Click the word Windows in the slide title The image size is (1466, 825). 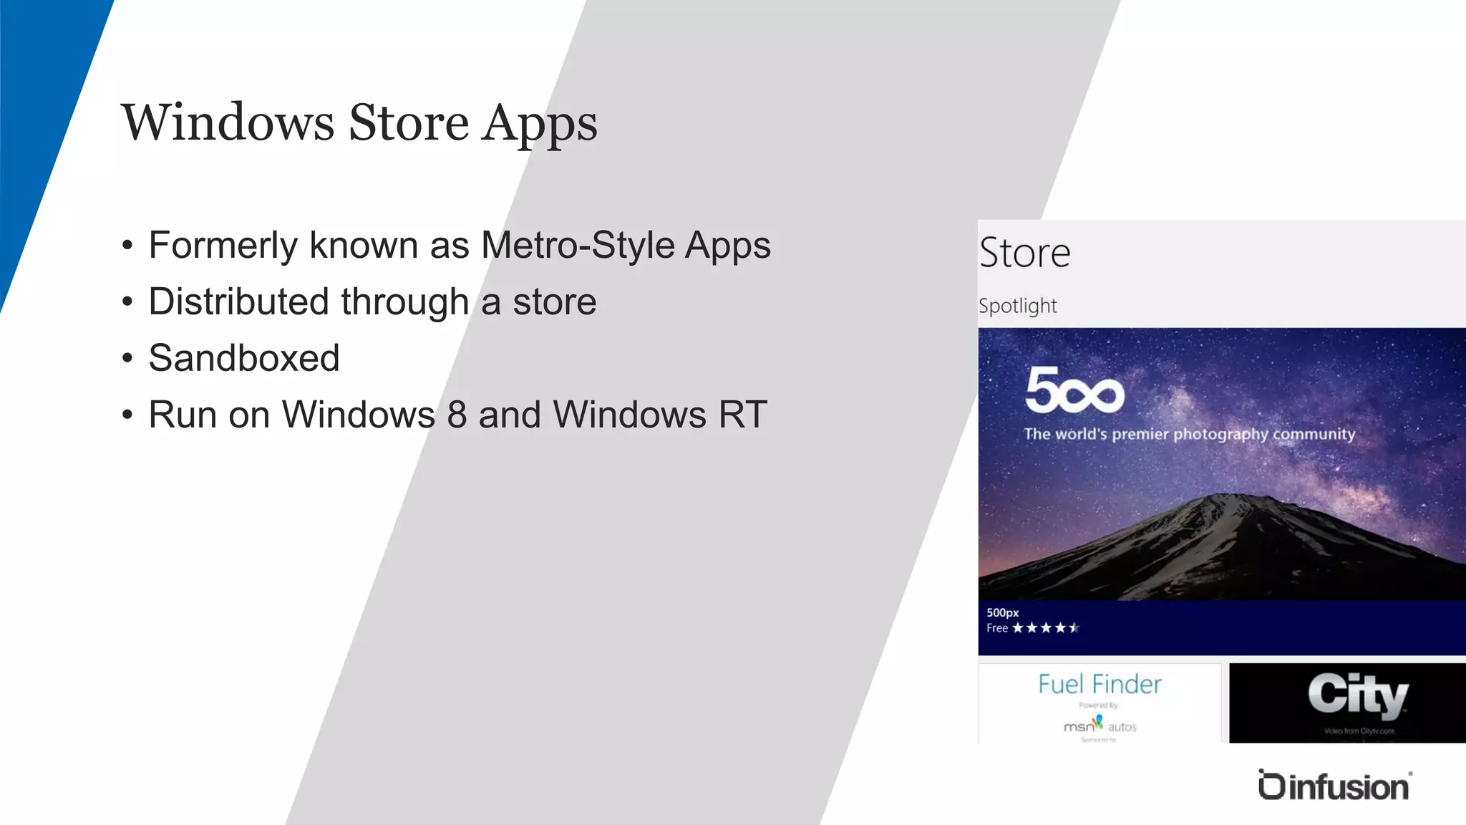point(228,122)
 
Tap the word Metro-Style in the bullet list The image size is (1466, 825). point(578,246)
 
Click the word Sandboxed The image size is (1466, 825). point(244,358)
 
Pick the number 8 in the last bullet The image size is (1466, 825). point(457,415)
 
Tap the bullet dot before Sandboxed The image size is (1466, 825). point(127,358)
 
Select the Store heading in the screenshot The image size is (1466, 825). point(1024,253)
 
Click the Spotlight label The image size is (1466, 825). point(1017,306)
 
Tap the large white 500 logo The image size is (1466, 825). point(1074,390)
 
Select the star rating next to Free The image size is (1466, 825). point(1045,628)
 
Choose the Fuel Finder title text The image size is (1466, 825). point(1099,685)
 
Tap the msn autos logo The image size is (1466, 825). point(1099,725)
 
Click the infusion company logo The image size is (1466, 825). point(1335,786)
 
